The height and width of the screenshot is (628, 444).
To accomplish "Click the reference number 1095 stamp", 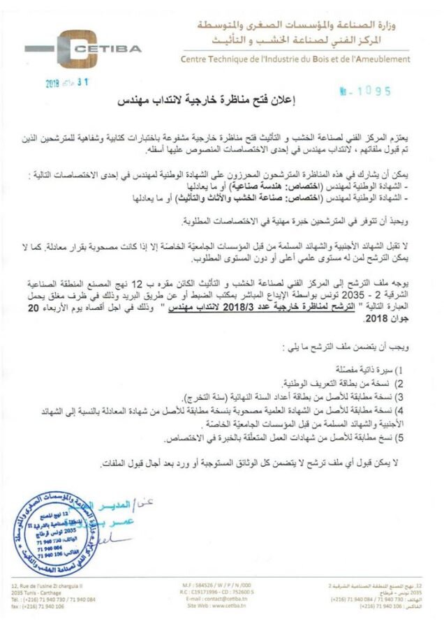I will tap(367, 91).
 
